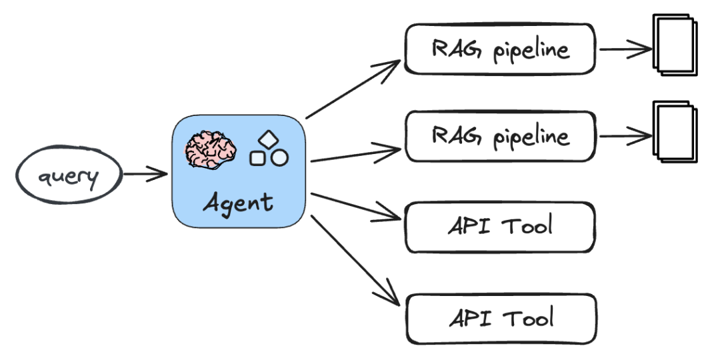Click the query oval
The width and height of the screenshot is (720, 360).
tap(69, 177)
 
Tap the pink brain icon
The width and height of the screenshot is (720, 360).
tap(211, 148)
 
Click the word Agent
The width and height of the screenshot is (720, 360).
tap(238, 201)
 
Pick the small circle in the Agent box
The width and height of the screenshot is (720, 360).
tap(279, 158)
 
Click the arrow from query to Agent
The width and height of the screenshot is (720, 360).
tap(145, 175)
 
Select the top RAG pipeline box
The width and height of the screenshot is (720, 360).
tap(499, 49)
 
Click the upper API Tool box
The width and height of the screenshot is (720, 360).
tap(499, 227)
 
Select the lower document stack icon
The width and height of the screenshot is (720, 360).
tap(675, 131)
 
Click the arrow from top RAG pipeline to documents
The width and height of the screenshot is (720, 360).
tap(625, 49)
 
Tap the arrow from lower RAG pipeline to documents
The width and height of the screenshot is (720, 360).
tap(625, 136)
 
